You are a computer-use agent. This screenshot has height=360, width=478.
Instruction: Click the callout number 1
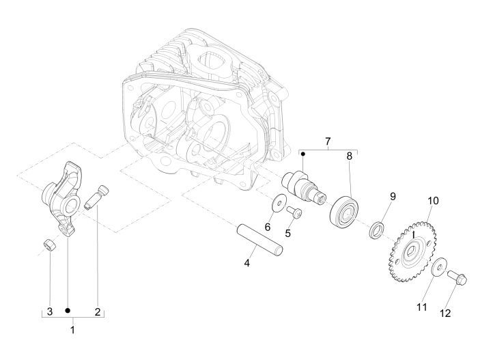pyautogui.click(x=73, y=330)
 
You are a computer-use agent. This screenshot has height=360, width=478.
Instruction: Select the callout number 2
pyautogui.click(x=97, y=311)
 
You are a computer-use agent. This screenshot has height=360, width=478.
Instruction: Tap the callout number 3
pyautogui.click(x=49, y=311)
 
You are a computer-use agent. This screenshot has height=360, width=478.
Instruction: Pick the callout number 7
pyautogui.click(x=328, y=142)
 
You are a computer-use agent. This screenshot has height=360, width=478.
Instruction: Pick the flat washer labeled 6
pyautogui.click(x=278, y=202)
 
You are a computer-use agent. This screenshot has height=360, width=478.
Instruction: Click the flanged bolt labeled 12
pyautogui.click(x=456, y=278)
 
